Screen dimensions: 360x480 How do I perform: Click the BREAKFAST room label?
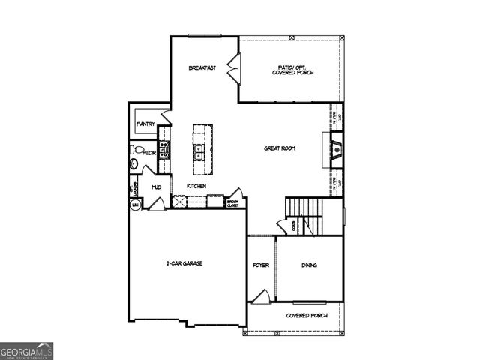point(202,68)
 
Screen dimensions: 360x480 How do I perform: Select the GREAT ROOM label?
point(279,148)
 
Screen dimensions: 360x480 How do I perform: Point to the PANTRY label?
point(145,124)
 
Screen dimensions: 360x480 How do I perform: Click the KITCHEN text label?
point(196,186)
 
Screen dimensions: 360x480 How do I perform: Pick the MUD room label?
point(157,187)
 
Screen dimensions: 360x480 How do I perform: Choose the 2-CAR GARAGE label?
point(184,263)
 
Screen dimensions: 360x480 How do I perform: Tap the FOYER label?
point(261,265)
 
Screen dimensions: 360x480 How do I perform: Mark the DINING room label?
point(310,265)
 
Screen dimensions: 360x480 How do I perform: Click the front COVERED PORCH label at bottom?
point(307,315)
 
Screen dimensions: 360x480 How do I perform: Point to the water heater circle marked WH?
point(136,204)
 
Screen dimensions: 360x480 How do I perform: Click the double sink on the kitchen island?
point(200,152)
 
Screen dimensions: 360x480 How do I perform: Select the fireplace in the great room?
point(337,148)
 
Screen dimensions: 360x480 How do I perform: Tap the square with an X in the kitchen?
point(178,201)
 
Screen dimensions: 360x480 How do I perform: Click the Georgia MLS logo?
point(26,351)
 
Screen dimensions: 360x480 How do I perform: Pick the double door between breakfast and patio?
point(232,68)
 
